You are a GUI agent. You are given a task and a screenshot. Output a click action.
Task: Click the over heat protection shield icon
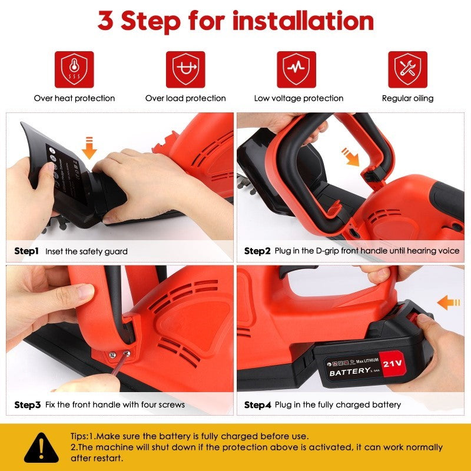pyautogui.click(x=74, y=69)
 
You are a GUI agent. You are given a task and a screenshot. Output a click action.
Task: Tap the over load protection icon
pyautogui.click(x=185, y=69)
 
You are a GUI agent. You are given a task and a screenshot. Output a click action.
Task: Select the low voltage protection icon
pyautogui.click(x=297, y=69)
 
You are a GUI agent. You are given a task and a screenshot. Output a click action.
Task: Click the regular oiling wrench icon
pyautogui.click(x=407, y=69)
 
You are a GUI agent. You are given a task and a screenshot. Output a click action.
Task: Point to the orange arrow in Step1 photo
pyautogui.click(x=89, y=148)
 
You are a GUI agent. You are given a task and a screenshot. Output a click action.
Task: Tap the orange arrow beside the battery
pyautogui.click(x=449, y=303)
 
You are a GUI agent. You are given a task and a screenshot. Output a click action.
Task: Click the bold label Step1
pyautogui.click(x=26, y=251)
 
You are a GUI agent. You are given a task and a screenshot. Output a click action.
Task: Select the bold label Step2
pyautogui.click(x=257, y=251)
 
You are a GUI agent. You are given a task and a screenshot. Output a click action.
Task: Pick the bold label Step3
pyautogui.click(x=27, y=405)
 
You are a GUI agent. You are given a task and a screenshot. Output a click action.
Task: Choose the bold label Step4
pyautogui.click(x=257, y=405)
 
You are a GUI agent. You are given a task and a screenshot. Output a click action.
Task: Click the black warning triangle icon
pyautogui.click(x=41, y=447)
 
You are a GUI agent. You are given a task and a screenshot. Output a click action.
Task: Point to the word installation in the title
pyautogui.click(x=303, y=21)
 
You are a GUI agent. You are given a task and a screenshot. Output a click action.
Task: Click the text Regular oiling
pyautogui.click(x=407, y=98)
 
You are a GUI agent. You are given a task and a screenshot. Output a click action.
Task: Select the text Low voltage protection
pyautogui.click(x=298, y=98)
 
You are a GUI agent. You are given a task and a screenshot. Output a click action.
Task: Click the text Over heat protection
pyautogui.click(x=74, y=98)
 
